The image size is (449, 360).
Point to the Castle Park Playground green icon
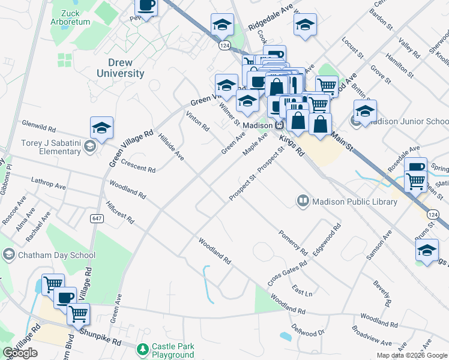[x=143, y=349]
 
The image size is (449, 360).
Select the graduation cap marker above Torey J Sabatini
[x=101, y=128]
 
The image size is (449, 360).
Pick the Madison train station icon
[x=280, y=125]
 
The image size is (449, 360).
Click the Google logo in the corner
[x=20, y=353]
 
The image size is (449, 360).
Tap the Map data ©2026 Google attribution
[x=411, y=355]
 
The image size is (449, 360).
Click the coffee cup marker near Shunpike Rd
[x=65, y=297]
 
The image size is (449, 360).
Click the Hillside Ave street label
[x=171, y=147]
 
